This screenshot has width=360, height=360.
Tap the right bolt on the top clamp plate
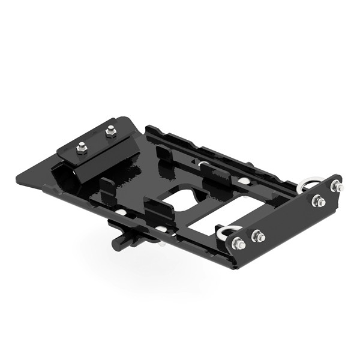click(110, 131)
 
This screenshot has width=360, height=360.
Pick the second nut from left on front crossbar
click(258, 236)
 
